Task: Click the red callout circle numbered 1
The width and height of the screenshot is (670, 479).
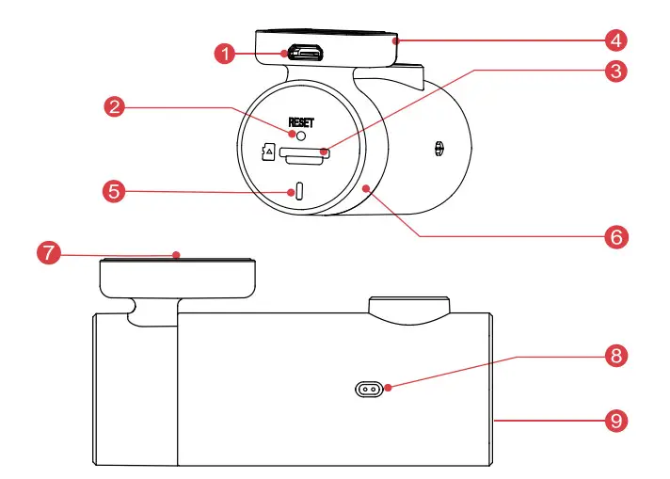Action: click(x=224, y=54)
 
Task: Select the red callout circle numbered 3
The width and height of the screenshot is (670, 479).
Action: click(x=615, y=70)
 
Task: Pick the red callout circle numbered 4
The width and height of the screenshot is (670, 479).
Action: click(x=615, y=40)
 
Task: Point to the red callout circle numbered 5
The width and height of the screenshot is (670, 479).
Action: click(x=114, y=191)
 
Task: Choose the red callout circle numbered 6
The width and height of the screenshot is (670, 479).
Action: click(x=615, y=235)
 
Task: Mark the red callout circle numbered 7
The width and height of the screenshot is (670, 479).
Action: click(x=47, y=254)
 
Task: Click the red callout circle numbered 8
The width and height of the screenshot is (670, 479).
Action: click(x=615, y=357)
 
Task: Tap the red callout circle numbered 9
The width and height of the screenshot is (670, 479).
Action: click(x=615, y=418)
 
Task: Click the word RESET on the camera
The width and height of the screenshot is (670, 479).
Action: click(x=303, y=121)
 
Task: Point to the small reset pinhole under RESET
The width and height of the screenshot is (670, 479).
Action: click(x=302, y=136)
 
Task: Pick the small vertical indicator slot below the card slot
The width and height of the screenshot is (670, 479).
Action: click(x=300, y=190)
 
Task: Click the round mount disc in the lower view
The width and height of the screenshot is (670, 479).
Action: click(x=177, y=275)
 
